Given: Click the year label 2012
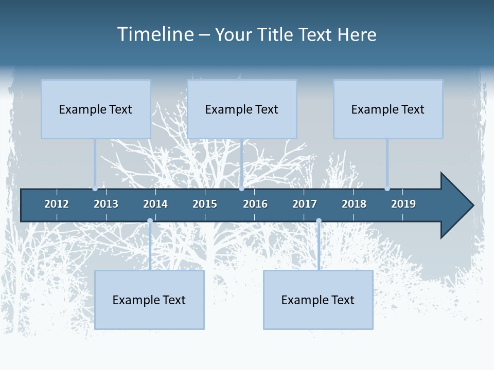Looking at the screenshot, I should pos(57,204).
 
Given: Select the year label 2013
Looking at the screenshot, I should pos(106,204).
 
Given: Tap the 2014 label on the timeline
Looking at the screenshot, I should pos(155,204).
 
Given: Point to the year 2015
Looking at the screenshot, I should pos(205,204).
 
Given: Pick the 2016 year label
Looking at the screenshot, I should pos(255,204).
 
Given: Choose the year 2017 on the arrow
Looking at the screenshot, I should pos(305,204).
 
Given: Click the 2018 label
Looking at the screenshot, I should pos(354,204).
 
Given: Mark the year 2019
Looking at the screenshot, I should pos(403,204).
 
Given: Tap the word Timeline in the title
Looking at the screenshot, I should pos(154,34).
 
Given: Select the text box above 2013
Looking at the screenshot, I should pos(96,109).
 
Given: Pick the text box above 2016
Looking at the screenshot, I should pos(242,109).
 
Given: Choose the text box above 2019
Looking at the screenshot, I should pos(388,109).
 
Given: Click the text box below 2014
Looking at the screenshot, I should pos(149,300).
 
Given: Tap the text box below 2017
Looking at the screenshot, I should pos(318,300).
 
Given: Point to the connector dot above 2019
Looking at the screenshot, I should pos(387,189).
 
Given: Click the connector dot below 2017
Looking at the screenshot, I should pos(319,221).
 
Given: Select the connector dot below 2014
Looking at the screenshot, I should pos(150,221).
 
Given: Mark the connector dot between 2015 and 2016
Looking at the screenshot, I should pos(241,189).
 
